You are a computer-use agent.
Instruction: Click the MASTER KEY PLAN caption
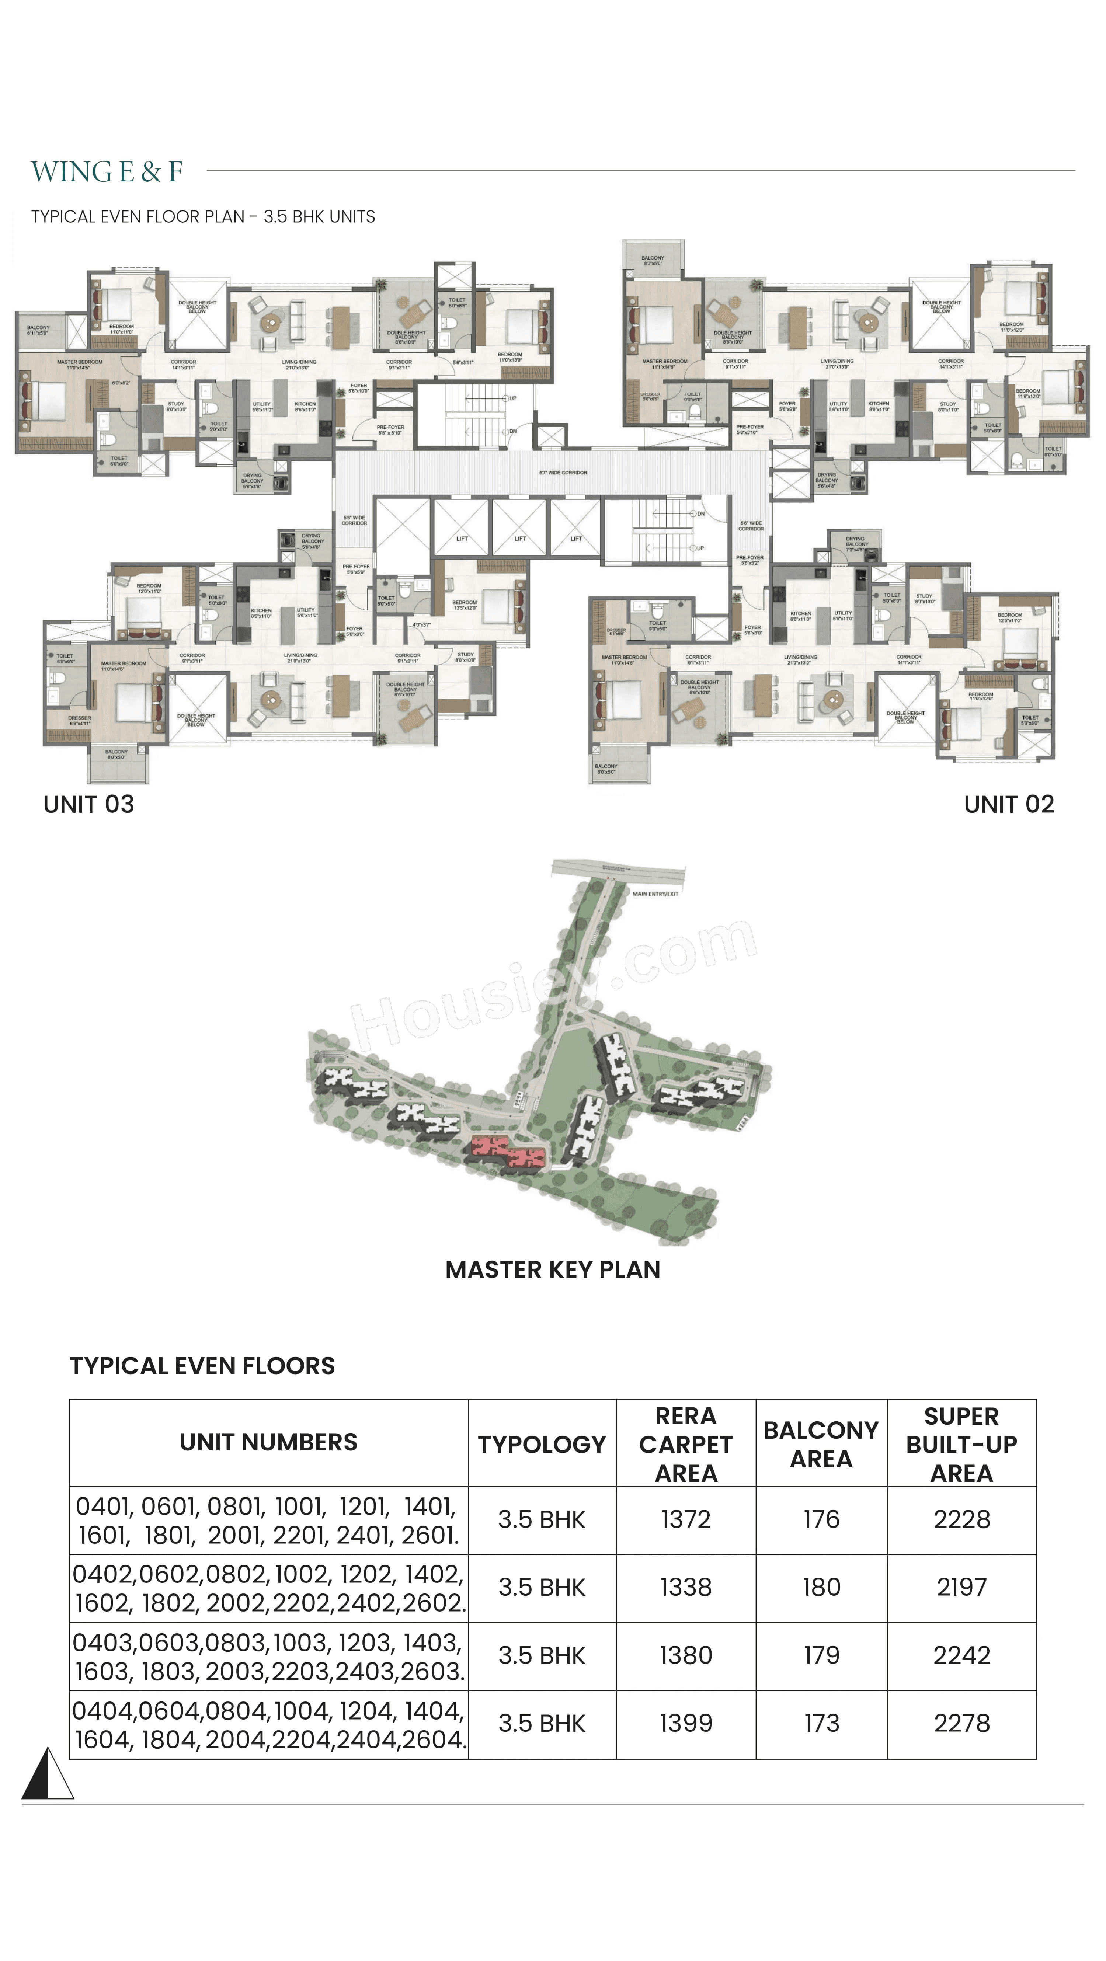tap(553, 1270)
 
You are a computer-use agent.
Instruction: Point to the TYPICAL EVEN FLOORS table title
tap(202, 1366)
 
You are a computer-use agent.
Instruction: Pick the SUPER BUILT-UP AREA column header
tap(961, 1444)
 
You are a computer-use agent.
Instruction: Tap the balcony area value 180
tap(821, 1587)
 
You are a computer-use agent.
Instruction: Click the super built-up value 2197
tap(961, 1587)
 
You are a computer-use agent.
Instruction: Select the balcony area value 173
tap(821, 1724)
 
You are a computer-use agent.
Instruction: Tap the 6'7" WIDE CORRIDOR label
tap(563, 473)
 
